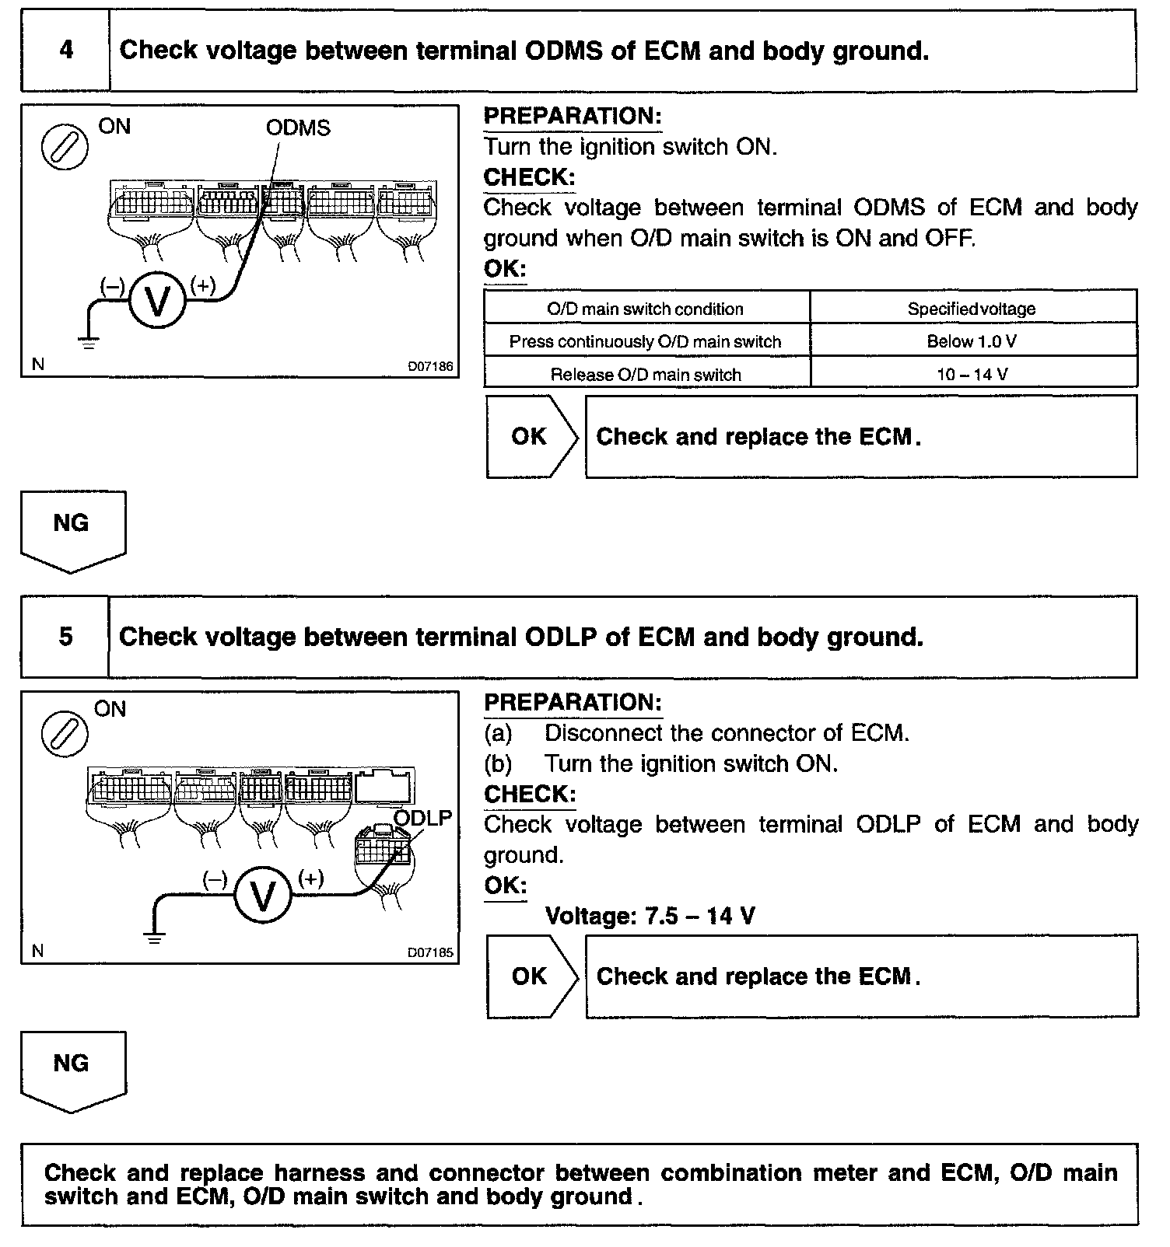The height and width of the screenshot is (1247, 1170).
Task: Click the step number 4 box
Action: [66, 51]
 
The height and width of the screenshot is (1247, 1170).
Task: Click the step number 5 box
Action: [65, 637]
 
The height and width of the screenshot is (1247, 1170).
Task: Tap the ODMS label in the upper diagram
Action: [298, 127]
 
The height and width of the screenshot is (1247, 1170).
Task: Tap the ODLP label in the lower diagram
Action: [422, 818]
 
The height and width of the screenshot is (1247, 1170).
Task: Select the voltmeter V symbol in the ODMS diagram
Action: [158, 302]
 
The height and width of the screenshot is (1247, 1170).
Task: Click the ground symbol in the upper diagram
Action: [89, 342]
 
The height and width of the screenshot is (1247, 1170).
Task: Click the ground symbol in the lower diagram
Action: [156, 937]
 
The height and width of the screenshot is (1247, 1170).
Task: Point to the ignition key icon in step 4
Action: [65, 146]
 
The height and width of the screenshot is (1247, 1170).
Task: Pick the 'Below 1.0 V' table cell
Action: [972, 341]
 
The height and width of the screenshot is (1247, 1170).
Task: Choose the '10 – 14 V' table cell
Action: [972, 374]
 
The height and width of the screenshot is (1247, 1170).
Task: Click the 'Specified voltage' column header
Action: [972, 309]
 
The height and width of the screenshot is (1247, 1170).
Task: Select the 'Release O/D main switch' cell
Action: [646, 374]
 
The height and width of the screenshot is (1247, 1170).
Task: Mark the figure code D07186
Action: [430, 365]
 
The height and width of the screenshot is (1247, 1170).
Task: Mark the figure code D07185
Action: [430, 952]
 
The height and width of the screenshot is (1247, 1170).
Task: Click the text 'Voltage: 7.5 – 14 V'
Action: [650, 916]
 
